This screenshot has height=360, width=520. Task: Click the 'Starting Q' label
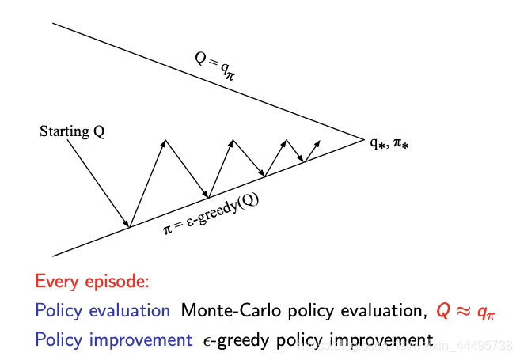72,131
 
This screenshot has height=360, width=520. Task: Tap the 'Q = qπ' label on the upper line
214,66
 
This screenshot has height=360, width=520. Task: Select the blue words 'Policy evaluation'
102,311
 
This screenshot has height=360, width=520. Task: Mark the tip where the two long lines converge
363,139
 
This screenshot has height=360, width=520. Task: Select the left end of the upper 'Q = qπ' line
53,24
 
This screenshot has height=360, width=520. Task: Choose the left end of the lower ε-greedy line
53,256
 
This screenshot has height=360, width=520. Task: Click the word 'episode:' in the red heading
120,282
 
